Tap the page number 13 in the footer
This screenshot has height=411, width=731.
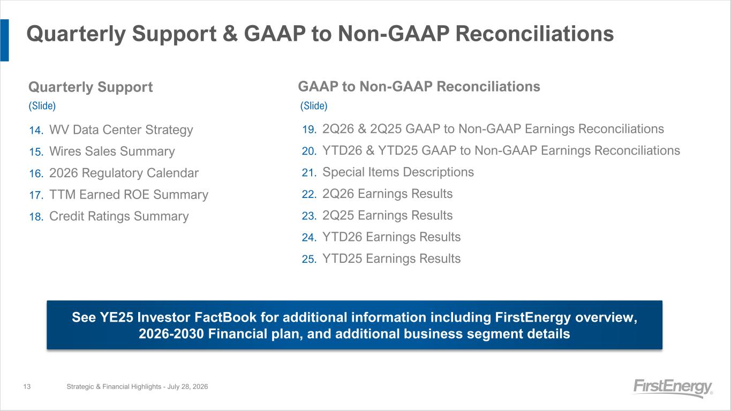[27, 386]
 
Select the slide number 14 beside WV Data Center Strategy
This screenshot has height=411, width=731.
[36, 131]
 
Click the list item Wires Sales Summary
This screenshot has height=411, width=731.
[112, 151]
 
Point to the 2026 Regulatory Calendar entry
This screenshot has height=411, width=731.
[124, 173]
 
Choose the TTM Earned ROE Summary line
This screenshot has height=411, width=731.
[129, 195]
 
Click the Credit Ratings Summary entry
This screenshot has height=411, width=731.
[119, 216]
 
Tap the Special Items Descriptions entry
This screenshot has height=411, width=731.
[398, 172]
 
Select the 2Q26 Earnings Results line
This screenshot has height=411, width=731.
[387, 194]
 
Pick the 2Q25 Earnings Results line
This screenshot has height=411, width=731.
[387, 215]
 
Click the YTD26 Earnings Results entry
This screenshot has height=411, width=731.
[391, 237]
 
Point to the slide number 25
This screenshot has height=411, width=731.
[309, 259]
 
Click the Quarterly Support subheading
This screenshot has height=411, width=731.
[91, 87]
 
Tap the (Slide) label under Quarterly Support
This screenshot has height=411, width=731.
[42, 105]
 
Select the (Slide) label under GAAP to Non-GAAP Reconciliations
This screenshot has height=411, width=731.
[314, 105]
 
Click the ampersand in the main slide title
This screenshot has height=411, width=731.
[230, 34]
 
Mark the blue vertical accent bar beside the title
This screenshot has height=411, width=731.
[5, 40]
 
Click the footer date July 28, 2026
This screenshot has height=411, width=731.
[187, 387]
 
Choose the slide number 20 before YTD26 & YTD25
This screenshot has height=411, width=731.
[309, 151]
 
